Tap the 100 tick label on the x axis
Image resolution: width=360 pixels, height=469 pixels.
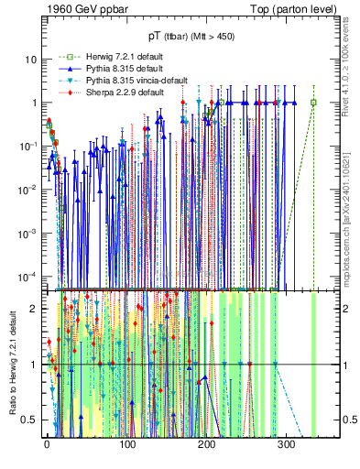pos(127,444)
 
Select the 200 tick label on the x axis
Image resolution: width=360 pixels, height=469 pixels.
pos(208,444)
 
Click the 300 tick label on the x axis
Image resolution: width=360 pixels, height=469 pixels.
pos(288,444)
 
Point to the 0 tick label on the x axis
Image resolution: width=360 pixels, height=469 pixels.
pos(48,444)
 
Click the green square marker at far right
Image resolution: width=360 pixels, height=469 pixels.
pos(313,102)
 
